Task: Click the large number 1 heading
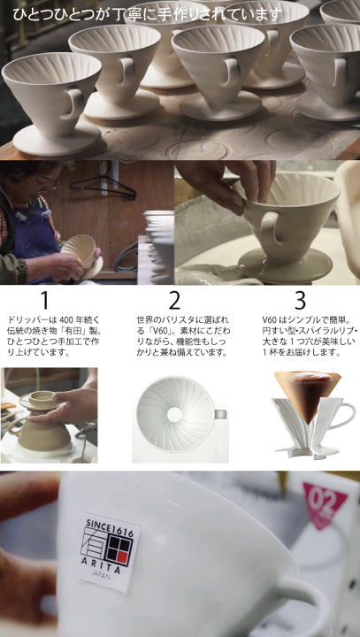click(45, 301)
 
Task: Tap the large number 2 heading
click(174, 301)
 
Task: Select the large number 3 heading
click(300, 301)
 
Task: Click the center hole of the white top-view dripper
click(174, 414)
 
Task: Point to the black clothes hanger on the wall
click(103, 184)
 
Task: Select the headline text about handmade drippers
click(148, 14)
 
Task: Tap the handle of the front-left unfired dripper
click(76, 104)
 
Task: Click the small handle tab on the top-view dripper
click(220, 414)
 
